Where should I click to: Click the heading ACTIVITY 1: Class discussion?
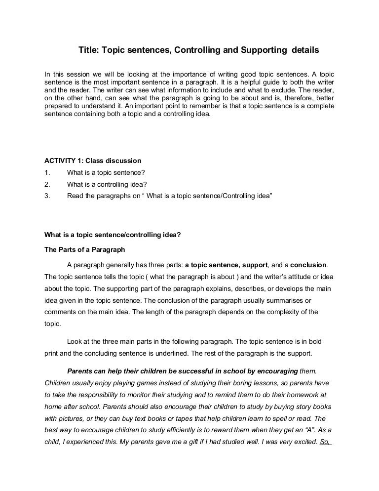pyautogui.click(x=93, y=161)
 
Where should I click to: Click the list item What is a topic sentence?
pyautogui.click(x=106, y=172)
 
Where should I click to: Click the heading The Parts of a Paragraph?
pyautogui.click(x=85, y=249)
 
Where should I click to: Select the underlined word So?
pyautogui.click(x=325, y=442)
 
